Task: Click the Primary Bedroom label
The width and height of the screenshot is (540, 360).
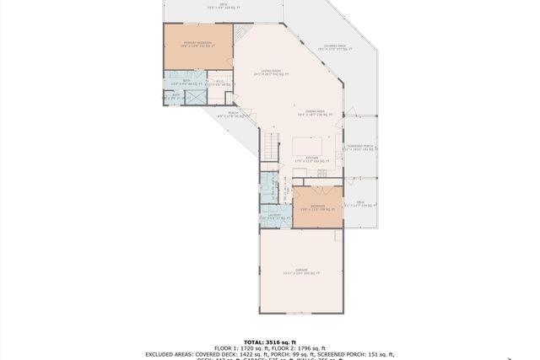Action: coord(198,44)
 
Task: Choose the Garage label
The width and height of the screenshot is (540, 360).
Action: coord(301,271)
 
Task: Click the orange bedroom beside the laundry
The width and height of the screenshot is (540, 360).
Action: coord(317,207)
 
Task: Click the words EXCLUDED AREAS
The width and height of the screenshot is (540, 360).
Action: coord(173,354)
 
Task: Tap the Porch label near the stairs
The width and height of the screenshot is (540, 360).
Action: coord(232,115)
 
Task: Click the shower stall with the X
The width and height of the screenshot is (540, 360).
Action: coord(197,98)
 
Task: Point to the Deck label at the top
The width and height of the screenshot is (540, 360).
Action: coord(223,7)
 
